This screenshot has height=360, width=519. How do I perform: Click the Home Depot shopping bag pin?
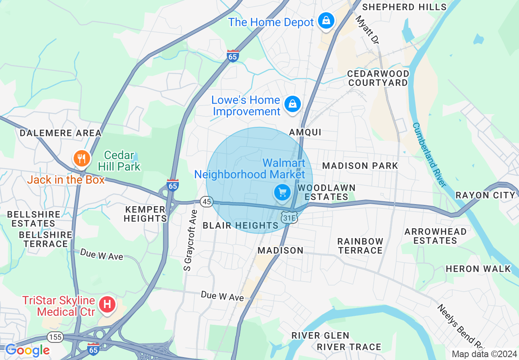click(x=326, y=21)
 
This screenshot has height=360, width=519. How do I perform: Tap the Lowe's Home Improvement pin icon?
click(x=293, y=104)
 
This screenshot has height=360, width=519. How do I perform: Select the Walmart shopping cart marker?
click(x=282, y=192)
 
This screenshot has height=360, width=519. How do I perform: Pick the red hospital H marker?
click(x=107, y=304)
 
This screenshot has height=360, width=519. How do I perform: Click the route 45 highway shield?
click(x=207, y=201)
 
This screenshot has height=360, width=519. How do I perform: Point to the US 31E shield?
click(x=289, y=218)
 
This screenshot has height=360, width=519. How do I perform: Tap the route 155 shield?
click(x=55, y=337)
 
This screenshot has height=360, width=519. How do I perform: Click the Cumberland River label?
click(x=429, y=155)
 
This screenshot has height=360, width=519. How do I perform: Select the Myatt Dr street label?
click(x=367, y=29)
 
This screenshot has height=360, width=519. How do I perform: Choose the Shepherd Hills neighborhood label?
click(x=404, y=7)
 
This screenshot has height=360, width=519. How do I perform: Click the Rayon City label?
click(x=485, y=195)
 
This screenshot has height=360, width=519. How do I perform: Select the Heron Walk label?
click(x=478, y=269)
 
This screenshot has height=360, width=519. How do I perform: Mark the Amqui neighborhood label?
click(x=305, y=132)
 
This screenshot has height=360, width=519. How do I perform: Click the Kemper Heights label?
click(x=145, y=214)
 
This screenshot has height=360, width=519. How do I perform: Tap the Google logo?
click(x=27, y=350)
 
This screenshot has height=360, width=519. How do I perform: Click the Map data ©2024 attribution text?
click(x=484, y=354)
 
